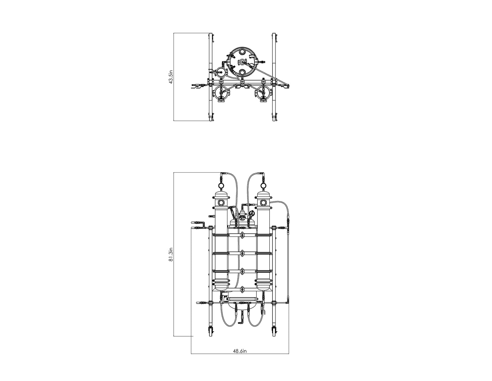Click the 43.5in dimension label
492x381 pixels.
coord(171,77)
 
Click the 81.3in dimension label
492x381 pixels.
coord(171,255)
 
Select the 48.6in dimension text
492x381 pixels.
coord(240,351)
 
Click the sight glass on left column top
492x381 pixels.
coord(221,203)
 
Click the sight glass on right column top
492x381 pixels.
coord(263,203)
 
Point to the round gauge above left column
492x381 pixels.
coord(221,186)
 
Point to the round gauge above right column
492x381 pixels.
coord(263,186)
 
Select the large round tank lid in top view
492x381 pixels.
coord(242,62)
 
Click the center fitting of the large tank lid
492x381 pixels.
coord(242,62)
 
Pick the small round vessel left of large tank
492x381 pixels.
coord(222,72)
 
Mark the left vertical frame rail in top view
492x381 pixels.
coord(211,77)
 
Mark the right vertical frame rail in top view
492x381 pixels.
coord(274,77)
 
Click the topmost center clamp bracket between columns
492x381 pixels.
coord(242,235)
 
